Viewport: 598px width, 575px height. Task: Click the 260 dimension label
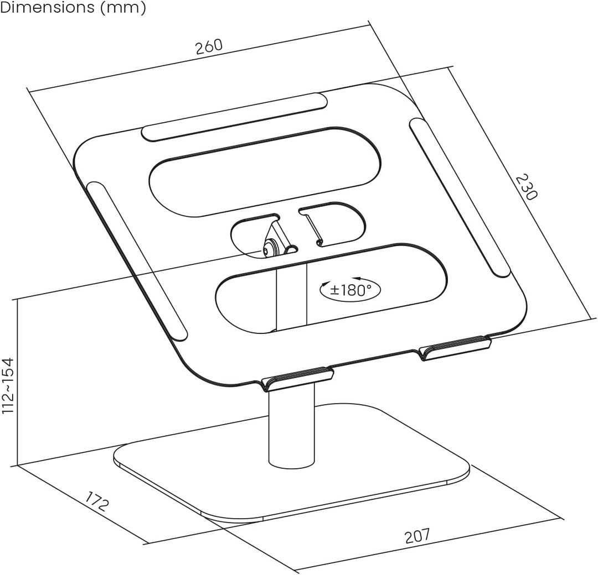click(x=209, y=47)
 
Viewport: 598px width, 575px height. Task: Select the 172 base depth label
click(x=96, y=501)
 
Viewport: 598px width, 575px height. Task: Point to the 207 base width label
click(x=417, y=536)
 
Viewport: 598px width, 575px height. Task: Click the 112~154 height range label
click(x=8, y=385)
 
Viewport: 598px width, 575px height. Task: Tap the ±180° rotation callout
click(x=350, y=290)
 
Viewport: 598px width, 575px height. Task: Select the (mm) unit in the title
click(x=123, y=8)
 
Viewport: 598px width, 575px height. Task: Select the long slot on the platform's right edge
click(x=460, y=197)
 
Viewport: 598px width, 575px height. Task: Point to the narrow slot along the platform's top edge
click(x=234, y=117)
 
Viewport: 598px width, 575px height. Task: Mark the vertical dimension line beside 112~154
click(x=18, y=382)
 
